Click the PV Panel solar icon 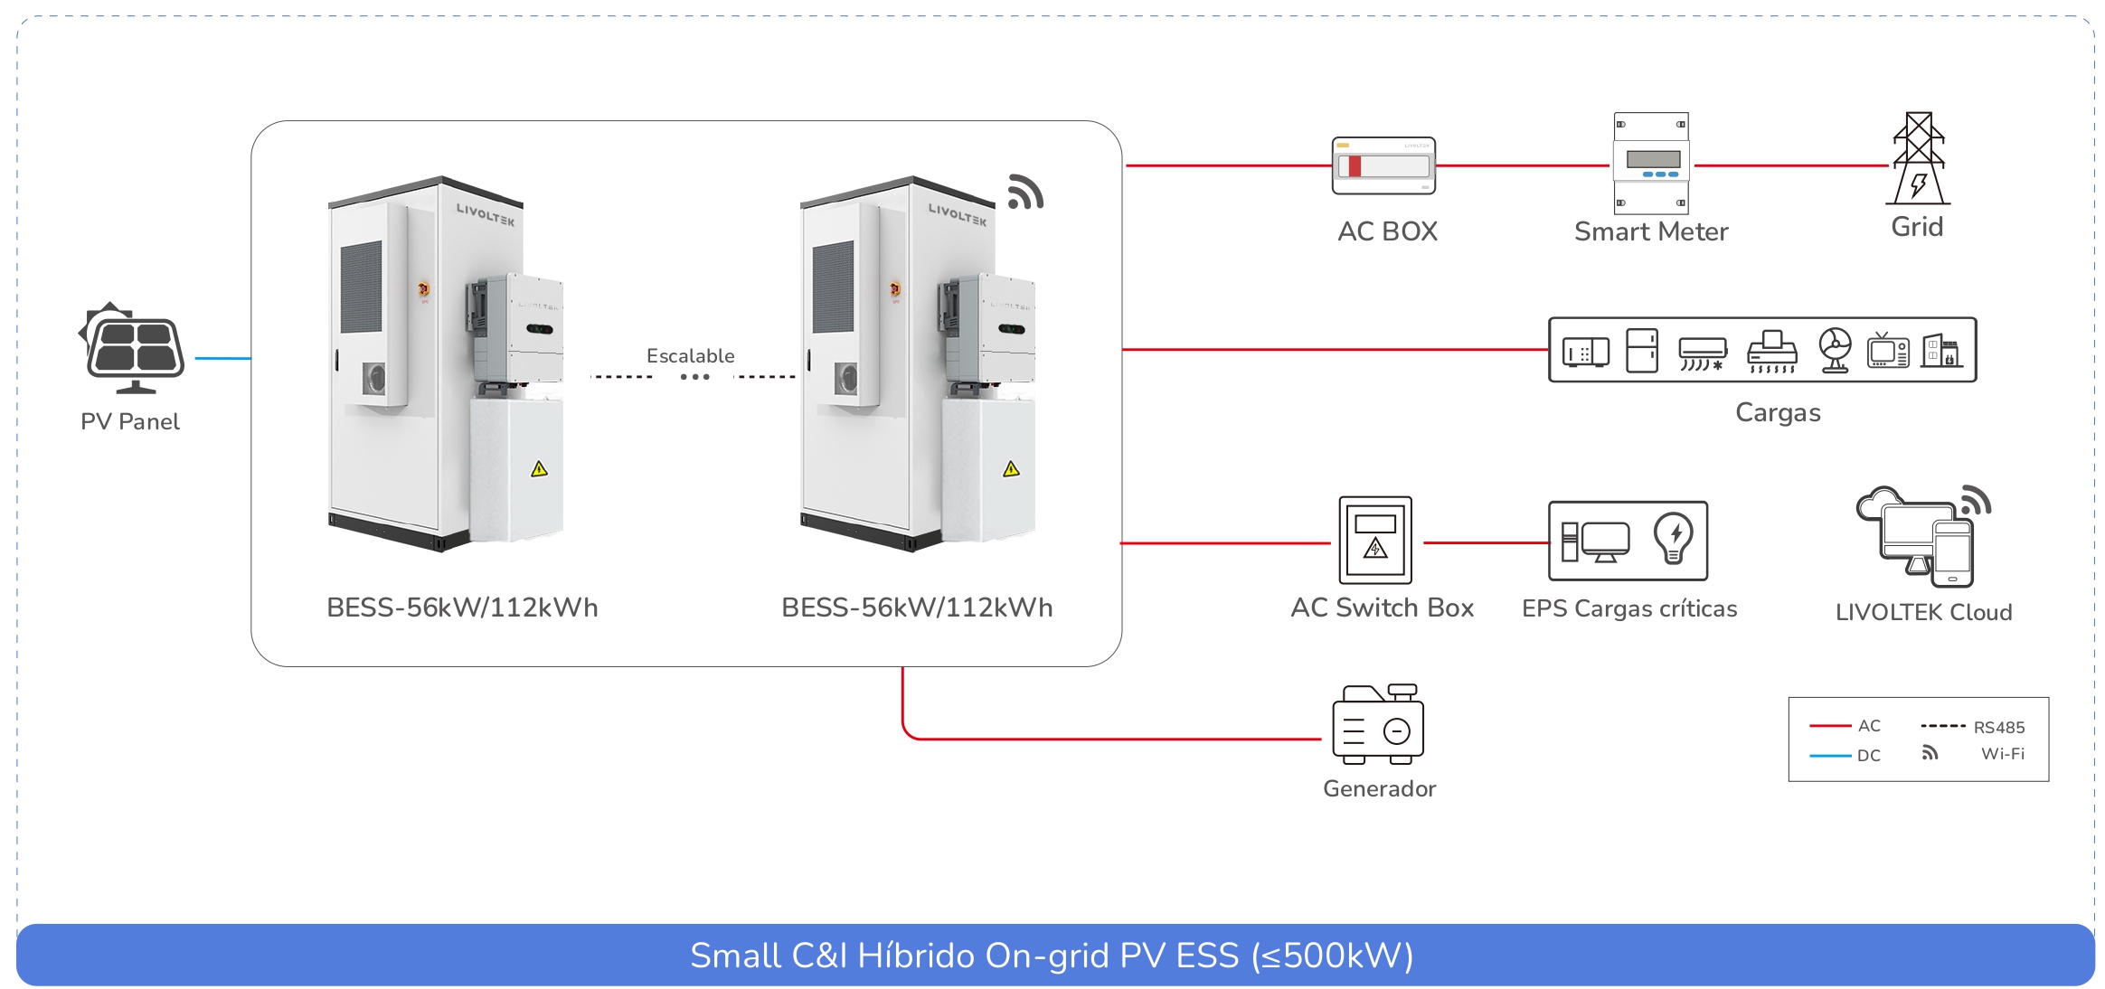coord(134,350)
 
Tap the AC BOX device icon coord(1383,166)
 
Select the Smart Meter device coord(1651,163)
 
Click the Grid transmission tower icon coord(1918,160)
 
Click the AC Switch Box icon coord(1374,540)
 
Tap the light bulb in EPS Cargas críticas coord(1673,538)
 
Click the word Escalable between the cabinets coord(690,356)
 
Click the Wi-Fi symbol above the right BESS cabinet coord(1025,193)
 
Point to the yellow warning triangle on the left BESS coord(539,468)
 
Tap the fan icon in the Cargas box coord(1835,350)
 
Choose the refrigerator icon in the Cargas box coord(1641,351)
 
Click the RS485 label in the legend coord(1998,728)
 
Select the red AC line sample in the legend coord(1829,726)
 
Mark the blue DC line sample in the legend coord(1829,756)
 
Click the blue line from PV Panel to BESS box coord(222,359)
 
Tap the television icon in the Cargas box coord(1887,351)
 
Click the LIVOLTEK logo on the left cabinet coord(485,215)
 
